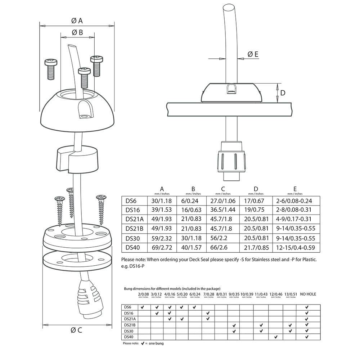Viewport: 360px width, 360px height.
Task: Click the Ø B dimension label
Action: tap(77, 32)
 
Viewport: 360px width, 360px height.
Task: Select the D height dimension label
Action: tap(283, 93)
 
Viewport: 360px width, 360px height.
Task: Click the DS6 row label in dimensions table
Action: tap(130, 201)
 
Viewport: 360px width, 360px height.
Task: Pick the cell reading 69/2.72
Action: tap(162, 247)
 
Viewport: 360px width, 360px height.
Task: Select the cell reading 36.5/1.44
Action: tap(223, 210)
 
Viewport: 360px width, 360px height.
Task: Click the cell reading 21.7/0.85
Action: tap(256, 247)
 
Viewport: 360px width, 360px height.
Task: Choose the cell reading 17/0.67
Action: tap(256, 201)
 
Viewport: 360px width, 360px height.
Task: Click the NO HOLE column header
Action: tap(308, 294)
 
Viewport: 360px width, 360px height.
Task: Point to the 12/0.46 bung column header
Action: tap(276, 295)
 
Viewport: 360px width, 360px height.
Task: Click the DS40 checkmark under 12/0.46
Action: tap(276, 337)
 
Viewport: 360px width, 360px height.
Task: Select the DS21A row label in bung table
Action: tap(130, 319)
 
